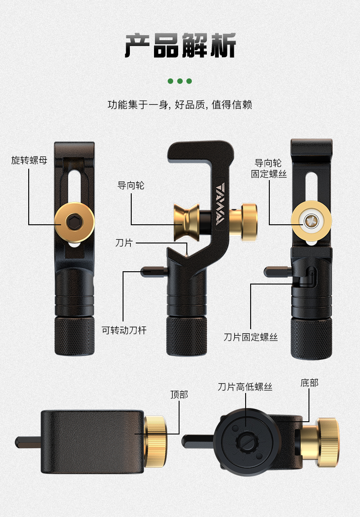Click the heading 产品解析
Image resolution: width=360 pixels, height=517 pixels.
tap(180, 46)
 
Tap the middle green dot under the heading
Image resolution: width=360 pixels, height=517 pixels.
tap(180, 81)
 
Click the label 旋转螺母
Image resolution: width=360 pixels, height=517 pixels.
tap(29, 160)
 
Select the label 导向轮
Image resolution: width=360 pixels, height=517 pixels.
tap(131, 186)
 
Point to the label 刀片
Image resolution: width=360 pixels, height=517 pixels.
tap(124, 243)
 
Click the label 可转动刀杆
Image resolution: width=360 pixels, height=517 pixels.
tap(124, 330)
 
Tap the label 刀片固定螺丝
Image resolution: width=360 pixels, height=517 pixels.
tap(251, 337)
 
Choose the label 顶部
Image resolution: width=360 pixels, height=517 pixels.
tap(179, 394)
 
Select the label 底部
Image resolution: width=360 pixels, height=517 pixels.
tap(309, 383)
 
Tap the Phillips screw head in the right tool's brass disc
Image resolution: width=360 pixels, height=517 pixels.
tap(311, 221)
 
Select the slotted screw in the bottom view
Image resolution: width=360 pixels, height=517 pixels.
tap(246, 443)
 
